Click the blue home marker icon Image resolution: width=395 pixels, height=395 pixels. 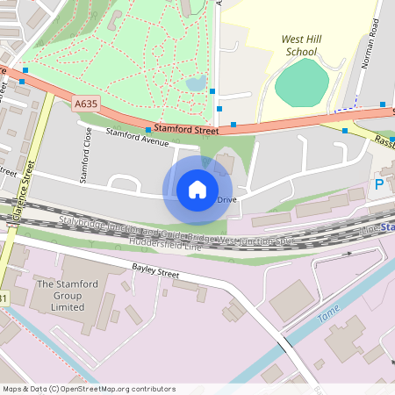click(x=197, y=190)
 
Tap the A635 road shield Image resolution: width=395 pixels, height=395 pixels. click(x=85, y=104)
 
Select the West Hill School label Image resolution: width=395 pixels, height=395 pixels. click(x=300, y=46)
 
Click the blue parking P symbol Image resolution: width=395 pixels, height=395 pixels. click(x=379, y=185)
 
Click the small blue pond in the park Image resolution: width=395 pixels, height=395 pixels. click(x=196, y=84)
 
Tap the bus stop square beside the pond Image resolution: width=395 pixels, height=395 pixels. click(x=213, y=90)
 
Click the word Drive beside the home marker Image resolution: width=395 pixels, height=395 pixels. click(x=226, y=200)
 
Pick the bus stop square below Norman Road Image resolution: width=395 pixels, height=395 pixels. click(x=384, y=104)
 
